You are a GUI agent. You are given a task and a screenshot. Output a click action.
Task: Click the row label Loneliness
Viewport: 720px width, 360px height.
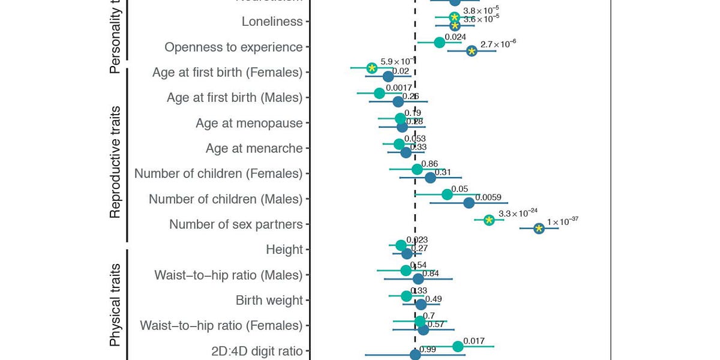click(272, 22)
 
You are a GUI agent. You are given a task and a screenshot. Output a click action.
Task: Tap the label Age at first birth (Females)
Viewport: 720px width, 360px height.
click(227, 73)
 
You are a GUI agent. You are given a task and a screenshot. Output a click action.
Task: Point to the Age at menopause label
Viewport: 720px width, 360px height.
click(249, 123)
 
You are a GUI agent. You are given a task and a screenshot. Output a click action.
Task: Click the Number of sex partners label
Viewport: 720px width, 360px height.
click(236, 224)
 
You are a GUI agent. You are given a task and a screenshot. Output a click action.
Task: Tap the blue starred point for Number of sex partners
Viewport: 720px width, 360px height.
click(539, 229)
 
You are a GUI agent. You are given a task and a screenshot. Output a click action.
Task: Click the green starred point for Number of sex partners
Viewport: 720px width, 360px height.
click(489, 220)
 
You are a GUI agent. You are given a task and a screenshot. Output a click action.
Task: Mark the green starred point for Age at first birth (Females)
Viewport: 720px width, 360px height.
click(372, 68)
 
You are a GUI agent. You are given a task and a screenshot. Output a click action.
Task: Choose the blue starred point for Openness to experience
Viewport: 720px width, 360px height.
click(472, 52)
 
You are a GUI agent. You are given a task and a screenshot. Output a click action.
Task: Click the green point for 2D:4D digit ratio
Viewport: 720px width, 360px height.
click(458, 346)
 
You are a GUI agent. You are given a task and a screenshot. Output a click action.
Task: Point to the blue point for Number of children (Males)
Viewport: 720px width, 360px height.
click(469, 203)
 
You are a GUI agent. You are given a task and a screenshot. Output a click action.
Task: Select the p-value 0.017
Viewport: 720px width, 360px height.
click(474, 341)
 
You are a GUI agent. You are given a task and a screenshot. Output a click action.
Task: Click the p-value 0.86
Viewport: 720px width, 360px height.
click(430, 163)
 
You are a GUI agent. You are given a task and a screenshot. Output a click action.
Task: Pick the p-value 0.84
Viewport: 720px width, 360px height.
click(431, 274)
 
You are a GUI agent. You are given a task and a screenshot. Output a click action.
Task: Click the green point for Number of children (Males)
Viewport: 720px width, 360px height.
click(446, 194)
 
